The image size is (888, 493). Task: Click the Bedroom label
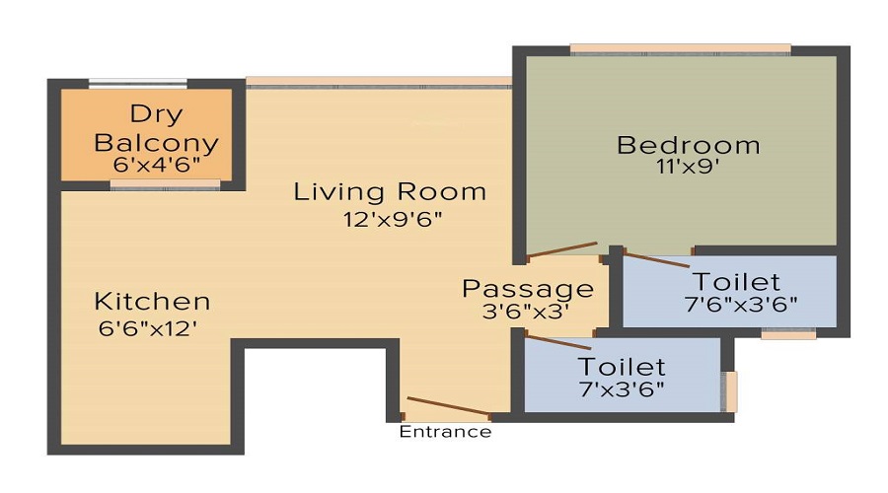688,145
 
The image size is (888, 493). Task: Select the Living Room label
390,191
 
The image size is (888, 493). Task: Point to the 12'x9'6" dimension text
390,218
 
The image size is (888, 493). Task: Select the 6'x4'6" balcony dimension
155,165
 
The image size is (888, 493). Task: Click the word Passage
528,289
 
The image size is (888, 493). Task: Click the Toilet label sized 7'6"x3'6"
736,282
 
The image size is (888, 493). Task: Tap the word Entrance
445,432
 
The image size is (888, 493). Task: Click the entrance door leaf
448,406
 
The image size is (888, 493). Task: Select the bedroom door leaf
561,250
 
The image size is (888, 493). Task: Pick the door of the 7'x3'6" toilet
557,342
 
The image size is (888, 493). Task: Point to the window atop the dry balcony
138,84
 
